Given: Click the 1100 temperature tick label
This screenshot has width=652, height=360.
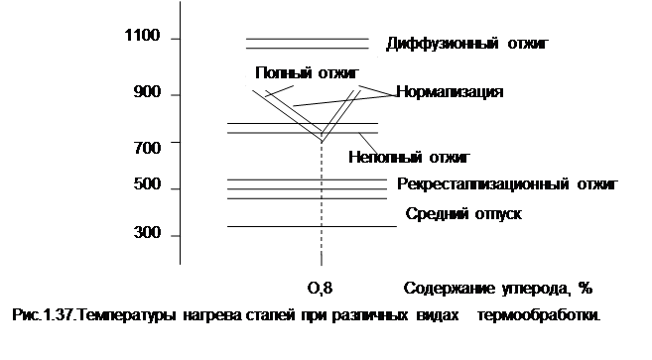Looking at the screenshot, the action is (142, 36).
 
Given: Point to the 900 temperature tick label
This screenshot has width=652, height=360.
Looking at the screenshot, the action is (147, 92).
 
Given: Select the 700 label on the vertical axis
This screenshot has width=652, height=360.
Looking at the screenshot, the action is (147, 148).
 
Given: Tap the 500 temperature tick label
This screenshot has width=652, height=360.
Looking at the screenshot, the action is (147, 184).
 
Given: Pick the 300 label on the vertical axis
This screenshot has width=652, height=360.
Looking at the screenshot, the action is (147, 232).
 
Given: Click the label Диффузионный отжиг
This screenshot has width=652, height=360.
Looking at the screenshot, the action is (467, 44).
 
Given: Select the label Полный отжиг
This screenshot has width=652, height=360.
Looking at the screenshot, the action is (307, 72).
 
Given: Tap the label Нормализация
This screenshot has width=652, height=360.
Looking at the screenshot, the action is (450, 91).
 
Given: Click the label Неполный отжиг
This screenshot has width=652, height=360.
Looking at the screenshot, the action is (409, 157).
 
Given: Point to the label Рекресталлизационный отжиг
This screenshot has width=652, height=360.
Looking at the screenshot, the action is (508, 183).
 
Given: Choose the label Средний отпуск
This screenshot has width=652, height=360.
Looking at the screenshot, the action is (463, 213).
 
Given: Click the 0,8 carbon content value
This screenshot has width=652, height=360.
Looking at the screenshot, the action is (321, 288).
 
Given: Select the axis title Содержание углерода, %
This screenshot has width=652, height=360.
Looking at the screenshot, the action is (498, 288).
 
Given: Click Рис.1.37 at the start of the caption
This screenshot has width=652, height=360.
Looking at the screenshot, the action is (43, 315).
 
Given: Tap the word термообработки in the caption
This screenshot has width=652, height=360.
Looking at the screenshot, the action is (539, 315).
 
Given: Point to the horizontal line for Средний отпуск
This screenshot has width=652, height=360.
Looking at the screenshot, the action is (312, 226).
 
